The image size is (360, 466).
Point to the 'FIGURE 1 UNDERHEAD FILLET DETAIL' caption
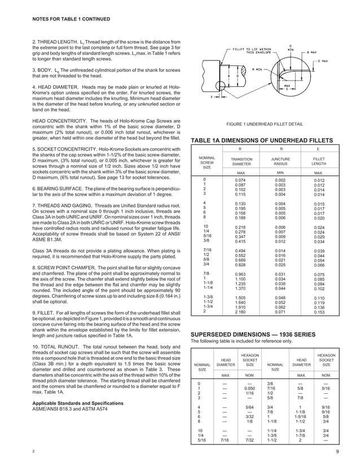[264, 124]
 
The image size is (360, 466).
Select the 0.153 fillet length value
[319, 311]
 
